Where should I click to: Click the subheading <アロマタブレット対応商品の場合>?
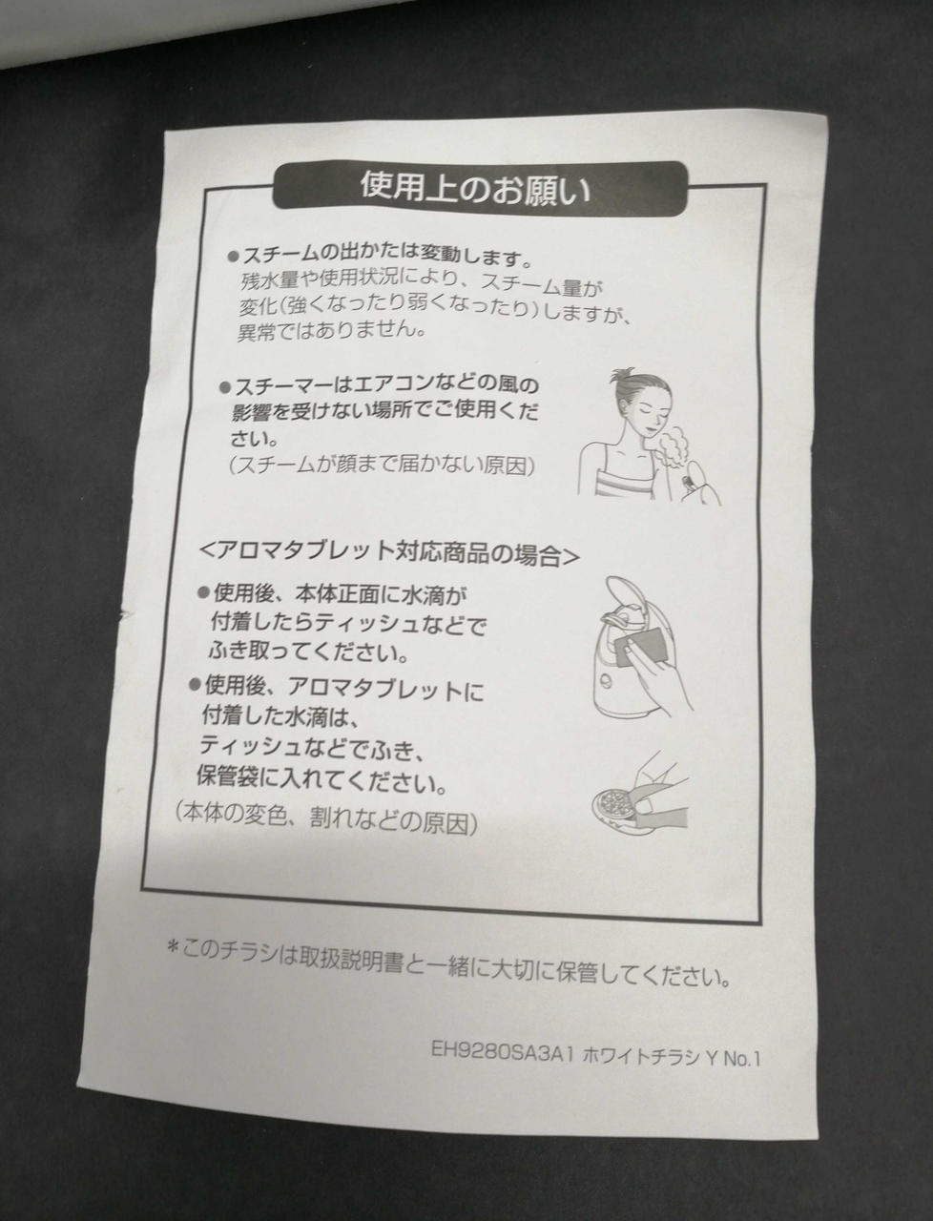(388, 552)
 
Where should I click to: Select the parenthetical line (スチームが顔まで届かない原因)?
(382, 466)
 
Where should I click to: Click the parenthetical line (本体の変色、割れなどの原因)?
(326, 817)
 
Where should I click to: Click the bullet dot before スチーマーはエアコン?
(225, 385)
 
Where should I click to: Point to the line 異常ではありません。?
(332, 332)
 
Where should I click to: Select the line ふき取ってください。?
(308, 652)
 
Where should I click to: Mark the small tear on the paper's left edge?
(125, 611)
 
